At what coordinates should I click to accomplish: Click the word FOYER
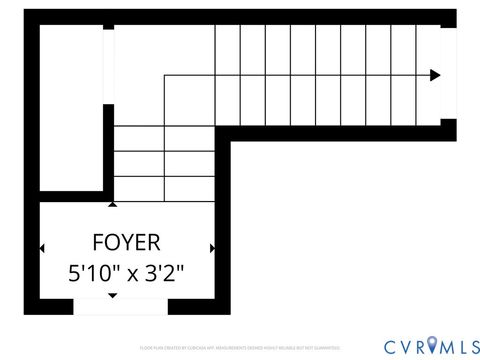click(126, 242)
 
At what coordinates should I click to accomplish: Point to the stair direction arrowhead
click(435, 74)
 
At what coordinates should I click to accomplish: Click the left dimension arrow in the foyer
click(42, 248)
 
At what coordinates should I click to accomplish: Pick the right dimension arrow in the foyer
click(212, 248)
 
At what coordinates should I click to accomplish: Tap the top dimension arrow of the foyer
click(112, 204)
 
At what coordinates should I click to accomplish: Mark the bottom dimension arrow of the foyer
click(112, 296)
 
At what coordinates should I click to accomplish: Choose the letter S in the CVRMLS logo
click(468, 346)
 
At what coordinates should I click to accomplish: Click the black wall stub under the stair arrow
click(448, 129)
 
